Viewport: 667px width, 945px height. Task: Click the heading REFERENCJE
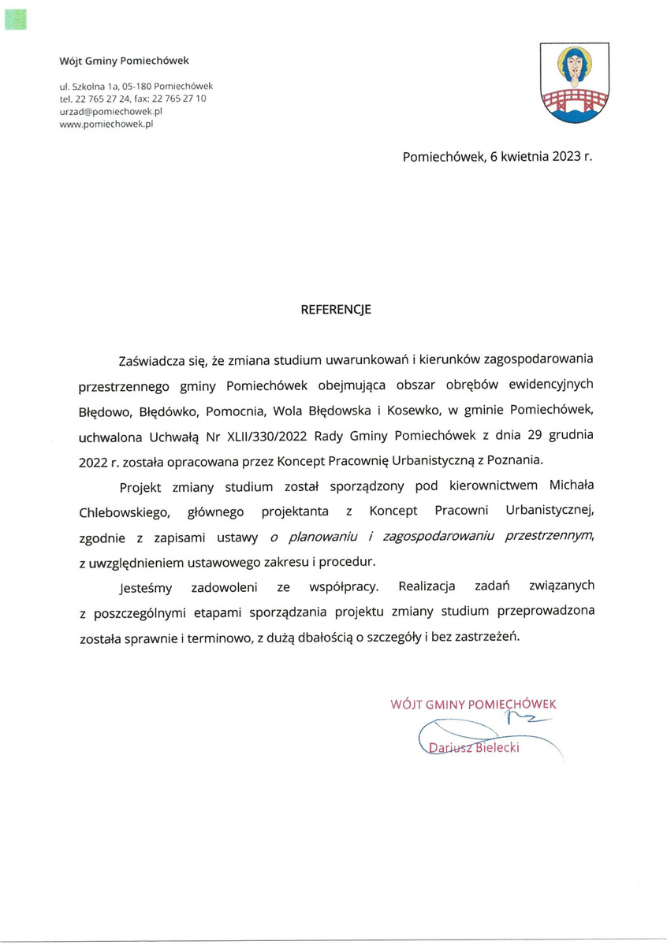(335, 310)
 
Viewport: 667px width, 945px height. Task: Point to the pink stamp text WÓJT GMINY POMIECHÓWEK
(474, 704)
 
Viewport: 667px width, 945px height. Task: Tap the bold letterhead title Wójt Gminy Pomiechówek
(124, 60)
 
